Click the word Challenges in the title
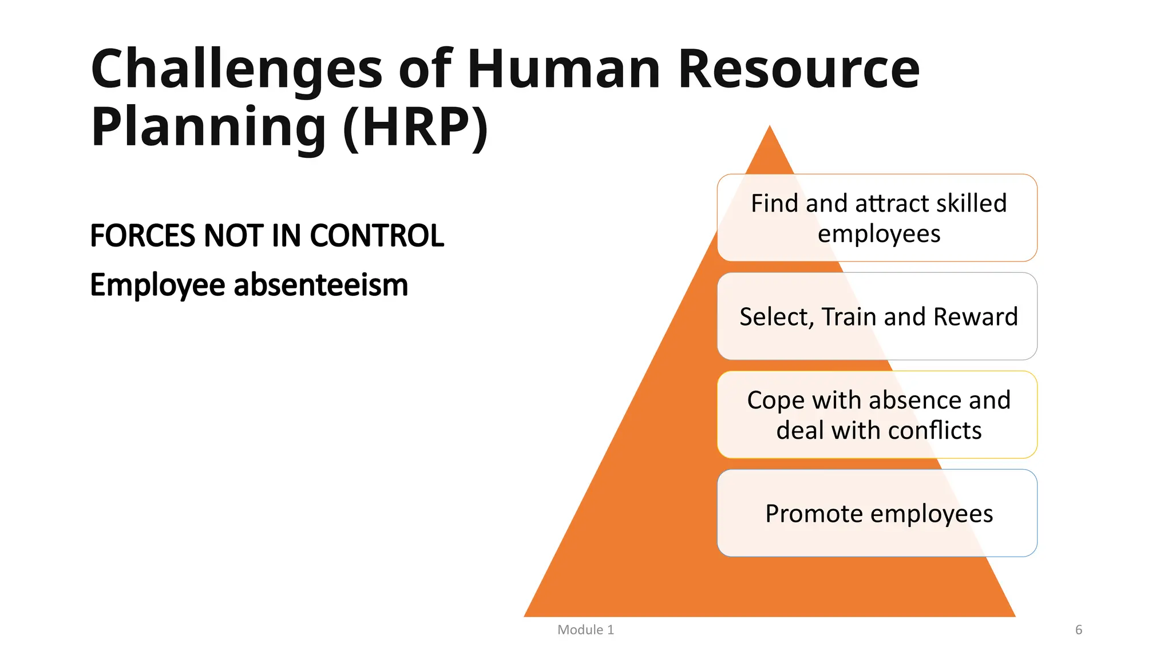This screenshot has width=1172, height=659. click(x=236, y=70)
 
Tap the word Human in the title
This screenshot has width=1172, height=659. click(x=564, y=70)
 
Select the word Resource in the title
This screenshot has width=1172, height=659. click(x=799, y=70)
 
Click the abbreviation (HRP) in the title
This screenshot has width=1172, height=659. click(x=415, y=127)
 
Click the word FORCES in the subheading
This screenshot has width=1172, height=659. click(x=142, y=236)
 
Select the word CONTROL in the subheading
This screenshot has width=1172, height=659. click(x=377, y=236)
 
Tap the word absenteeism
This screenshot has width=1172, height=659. click(x=321, y=285)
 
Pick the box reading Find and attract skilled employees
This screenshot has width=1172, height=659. click(x=877, y=218)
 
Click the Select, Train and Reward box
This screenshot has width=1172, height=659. click(x=877, y=316)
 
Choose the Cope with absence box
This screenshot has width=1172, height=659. click(x=877, y=415)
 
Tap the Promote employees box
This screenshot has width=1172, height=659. click(x=877, y=513)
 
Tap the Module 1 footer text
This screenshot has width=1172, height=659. click(x=585, y=630)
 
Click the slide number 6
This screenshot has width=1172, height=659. click(x=1079, y=630)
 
